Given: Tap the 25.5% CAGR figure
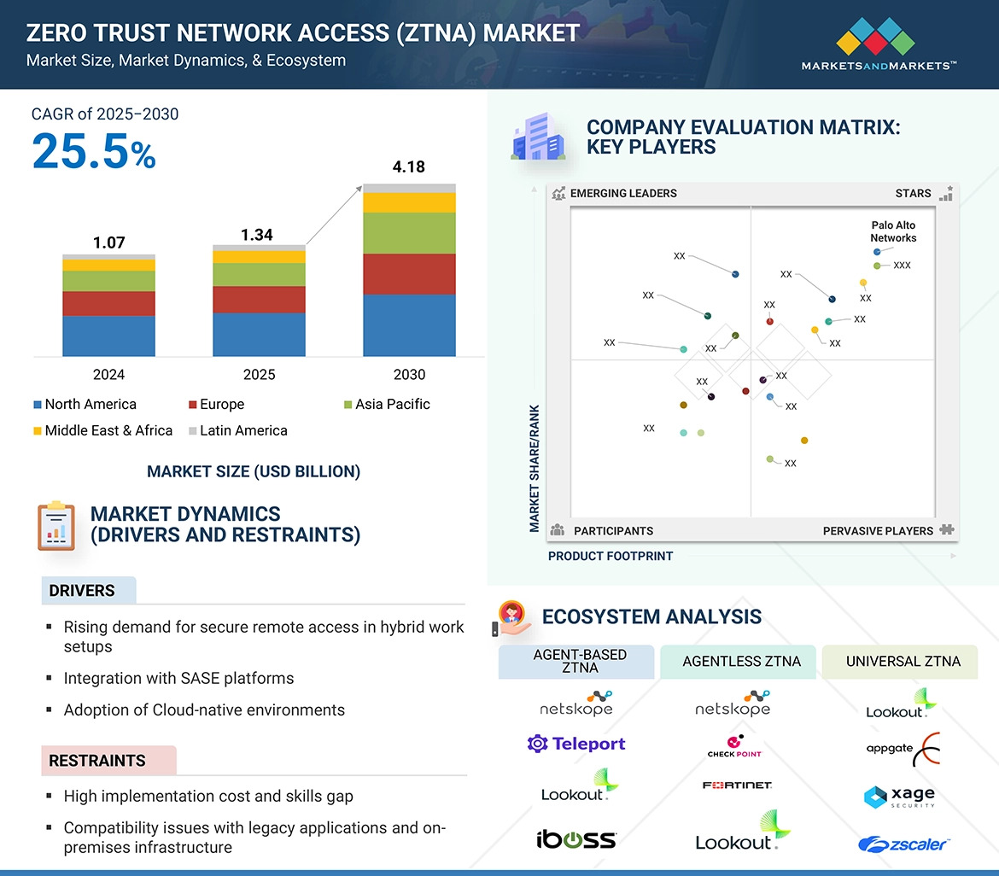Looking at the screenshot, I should click(x=94, y=150).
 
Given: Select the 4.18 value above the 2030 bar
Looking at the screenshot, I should click(x=408, y=166).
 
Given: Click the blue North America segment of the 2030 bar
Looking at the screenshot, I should click(x=409, y=324).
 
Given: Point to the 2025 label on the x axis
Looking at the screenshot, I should click(x=259, y=375).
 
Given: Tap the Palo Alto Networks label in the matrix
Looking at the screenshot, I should click(x=893, y=231).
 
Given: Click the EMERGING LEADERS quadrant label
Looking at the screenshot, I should click(x=622, y=193).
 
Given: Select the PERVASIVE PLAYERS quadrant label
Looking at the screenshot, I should click(x=878, y=531).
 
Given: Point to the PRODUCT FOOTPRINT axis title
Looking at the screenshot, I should click(x=610, y=556).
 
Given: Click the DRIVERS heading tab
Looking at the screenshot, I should click(x=82, y=591).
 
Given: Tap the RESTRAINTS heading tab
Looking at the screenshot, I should click(x=97, y=761).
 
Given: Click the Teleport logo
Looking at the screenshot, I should click(x=576, y=744).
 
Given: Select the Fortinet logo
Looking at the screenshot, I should click(x=738, y=785).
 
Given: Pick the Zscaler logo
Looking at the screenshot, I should click(x=903, y=844).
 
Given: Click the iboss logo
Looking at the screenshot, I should click(x=576, y=838).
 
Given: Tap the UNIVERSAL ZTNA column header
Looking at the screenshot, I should click(x=903, y=662).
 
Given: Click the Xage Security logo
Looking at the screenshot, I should click(x=900, y=797).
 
